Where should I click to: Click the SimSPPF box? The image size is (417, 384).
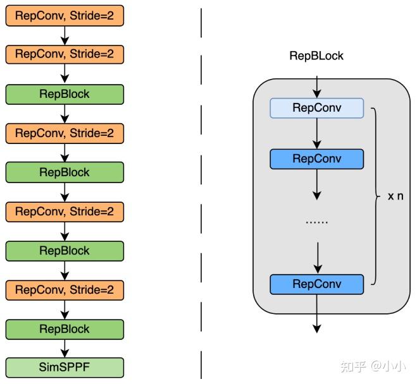pos(65,368)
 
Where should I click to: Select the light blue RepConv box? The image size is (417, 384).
pos(317,108)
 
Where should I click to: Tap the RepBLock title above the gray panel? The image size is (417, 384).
pos(316,56)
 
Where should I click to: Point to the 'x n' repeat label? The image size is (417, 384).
pos(395,196)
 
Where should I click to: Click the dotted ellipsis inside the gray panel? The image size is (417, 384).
pos(317,222)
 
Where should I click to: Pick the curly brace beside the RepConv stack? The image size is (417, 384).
pos(375,196)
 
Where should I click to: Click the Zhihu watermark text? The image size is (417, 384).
pos(373,366)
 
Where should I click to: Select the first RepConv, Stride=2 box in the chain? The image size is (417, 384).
pos(65,16)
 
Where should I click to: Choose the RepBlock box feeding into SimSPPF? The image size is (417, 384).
pos(65,329)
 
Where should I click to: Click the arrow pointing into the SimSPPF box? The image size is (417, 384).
pos(65,349)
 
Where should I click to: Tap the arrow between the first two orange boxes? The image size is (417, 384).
pos(65,35)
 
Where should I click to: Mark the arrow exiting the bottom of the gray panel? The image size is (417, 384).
pos(317,314)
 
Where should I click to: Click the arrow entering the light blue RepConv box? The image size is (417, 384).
pos(317,87)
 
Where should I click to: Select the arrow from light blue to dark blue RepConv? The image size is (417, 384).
pos(317,133)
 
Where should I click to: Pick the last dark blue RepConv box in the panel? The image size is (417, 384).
pos(317,284)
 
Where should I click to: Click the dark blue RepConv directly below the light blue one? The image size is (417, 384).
pos(317,159)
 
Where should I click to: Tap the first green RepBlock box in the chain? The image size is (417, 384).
pos(65,95)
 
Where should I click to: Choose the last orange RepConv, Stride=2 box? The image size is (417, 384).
pos(65,290)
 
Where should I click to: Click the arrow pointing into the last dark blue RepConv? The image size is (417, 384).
pos(318,258)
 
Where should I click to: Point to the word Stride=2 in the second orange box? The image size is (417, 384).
pos(92,54)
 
